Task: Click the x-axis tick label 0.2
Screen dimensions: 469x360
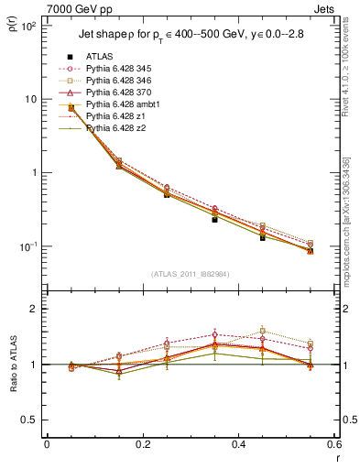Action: point(142,444)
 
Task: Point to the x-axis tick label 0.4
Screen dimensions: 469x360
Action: point(238,444)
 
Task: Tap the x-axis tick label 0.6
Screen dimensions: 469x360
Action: point(333,444)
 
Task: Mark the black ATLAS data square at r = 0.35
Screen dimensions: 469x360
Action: point(214,220)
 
